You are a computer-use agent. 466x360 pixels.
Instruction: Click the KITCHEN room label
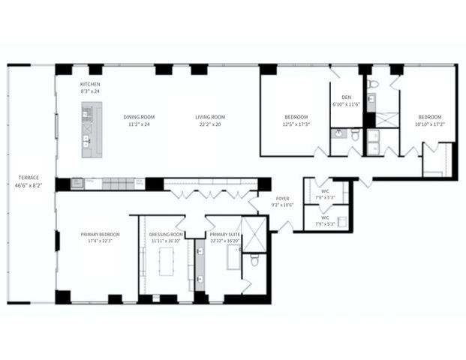(x=90, y=85)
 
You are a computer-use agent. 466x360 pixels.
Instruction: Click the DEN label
(x=346, y=97)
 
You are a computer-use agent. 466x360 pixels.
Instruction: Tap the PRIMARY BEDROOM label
(x=100, y=234)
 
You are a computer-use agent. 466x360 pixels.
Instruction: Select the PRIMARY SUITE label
(x=225, y=234)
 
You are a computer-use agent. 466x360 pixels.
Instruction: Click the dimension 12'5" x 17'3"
(x=297, y=124)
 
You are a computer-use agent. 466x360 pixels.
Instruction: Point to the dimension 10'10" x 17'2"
(x=430, y=124)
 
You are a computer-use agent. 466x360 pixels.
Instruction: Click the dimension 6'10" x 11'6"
(x=346, y=104)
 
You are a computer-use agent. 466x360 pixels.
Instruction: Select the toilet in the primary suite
(x=254, y=259)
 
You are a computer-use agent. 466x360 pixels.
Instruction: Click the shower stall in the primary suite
(x=255, y=234)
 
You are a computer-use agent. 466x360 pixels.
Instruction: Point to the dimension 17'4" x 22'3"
(x=100, y=241)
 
